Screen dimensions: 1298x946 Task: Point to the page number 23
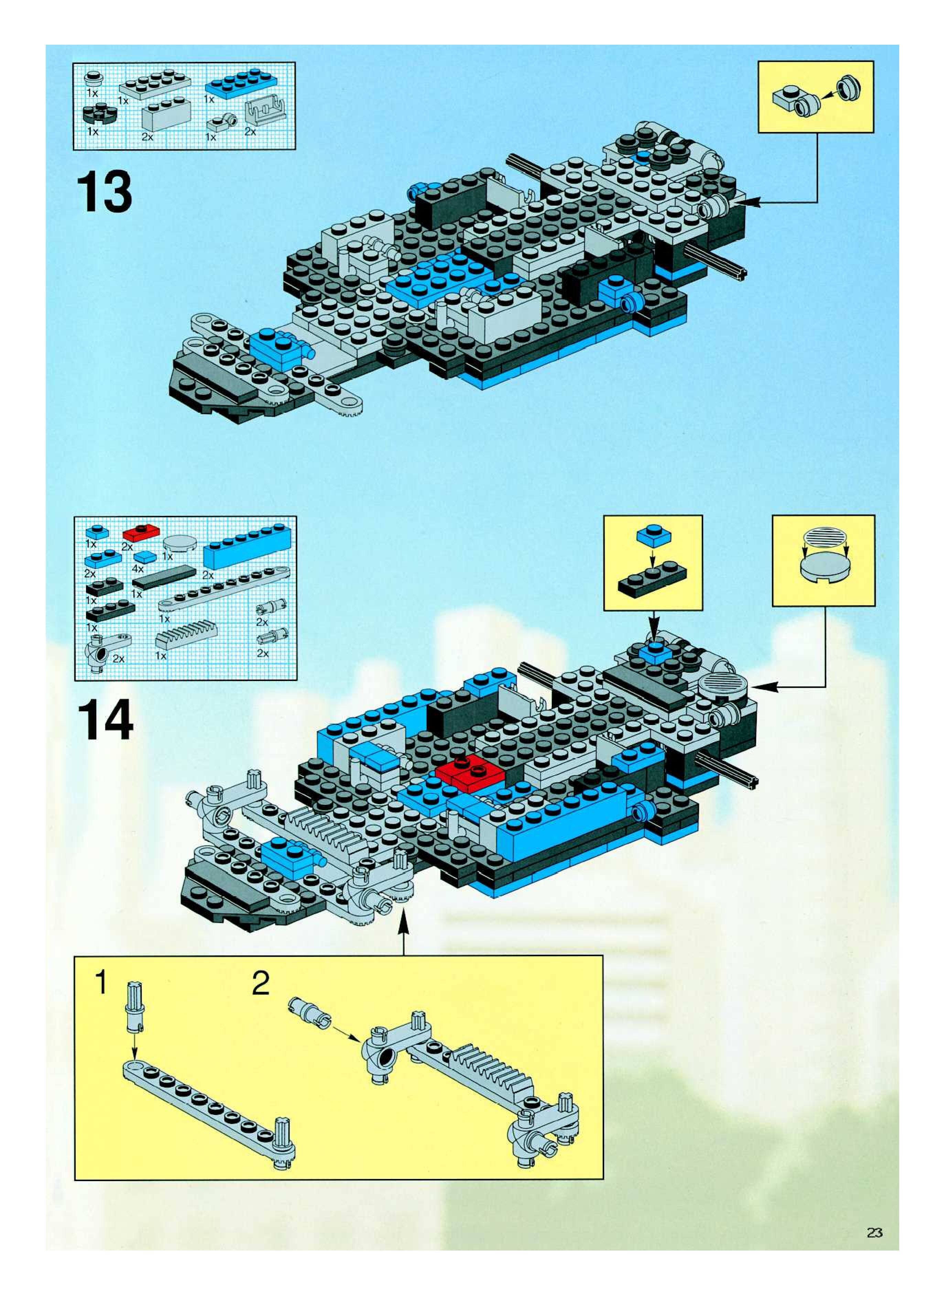874,1233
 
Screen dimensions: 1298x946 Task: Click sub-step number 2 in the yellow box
260,983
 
